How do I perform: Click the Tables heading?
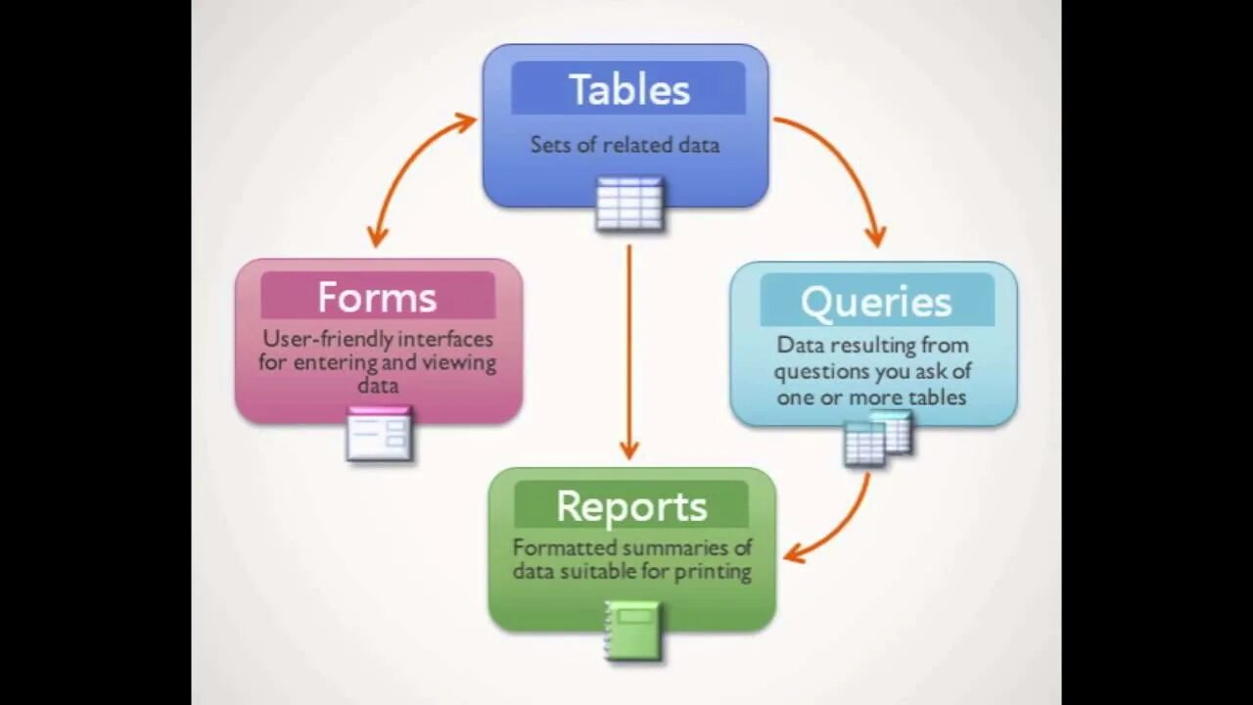pyautogui.click(x=628, y=90)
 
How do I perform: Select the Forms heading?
pyautogui.click(x=377, y=297)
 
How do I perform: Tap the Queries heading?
pyautogui.click(x=876, y=302)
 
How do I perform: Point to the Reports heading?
pyautogui.click(x=631, y=506)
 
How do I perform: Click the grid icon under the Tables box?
pyautogui.click(x=629, y=203)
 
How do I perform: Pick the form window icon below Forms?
pyautogui.click(x=379, y=434)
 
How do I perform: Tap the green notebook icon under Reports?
pyautogui.click(x=632, y=630)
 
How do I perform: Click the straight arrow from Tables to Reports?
pyautogui.click(x=629, y=352)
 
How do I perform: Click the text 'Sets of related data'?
pyautogui.click(x=625, y=145)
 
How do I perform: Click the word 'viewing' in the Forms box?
pyautogui.click(x=458, y=363)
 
